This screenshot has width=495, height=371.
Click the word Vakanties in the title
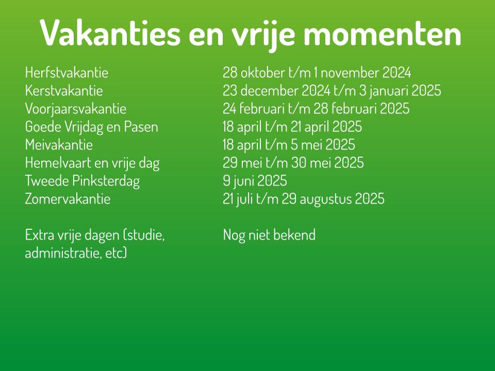click(x=110, y=33)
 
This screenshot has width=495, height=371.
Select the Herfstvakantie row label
click(x=67, y=73)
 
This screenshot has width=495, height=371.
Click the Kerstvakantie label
click(x=64, y=91)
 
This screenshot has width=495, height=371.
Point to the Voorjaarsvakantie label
click(x=75, y=109)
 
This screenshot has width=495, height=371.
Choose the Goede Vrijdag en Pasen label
click(x=92, y=127)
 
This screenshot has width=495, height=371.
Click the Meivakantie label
click(x=59, y=145)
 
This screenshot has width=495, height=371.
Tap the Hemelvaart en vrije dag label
click(x=92, y=163)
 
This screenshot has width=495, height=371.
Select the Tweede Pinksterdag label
click(x=82, y=181)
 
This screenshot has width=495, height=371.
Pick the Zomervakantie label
click(x=68, y=199)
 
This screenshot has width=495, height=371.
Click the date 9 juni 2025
click(x=255, y=181)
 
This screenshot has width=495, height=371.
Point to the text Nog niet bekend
click(x=269, y=235)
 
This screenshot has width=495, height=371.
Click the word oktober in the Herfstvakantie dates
click(x=263, y=73)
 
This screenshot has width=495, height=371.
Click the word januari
click(x=389, y=91)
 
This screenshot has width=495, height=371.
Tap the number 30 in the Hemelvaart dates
click(x=299, y=163)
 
